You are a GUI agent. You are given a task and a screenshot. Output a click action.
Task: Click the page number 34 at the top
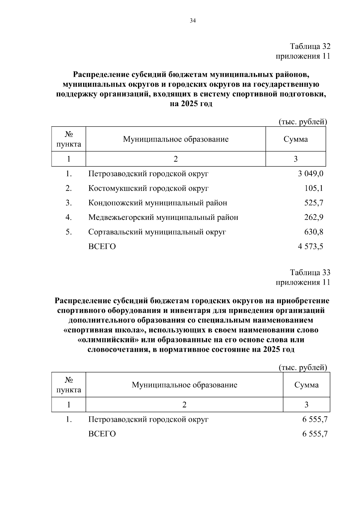pyautogui.click(x=193, y=21)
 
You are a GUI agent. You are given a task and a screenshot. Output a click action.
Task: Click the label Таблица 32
pyautogui.click(x=310, y=46)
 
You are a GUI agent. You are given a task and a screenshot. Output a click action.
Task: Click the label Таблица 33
pyautogui.click(x=310, y=272)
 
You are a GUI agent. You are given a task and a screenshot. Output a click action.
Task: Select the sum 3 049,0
pyautogui.click(x=310, y=174)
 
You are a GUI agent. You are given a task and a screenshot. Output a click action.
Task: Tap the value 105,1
pyautogui.click(x=313, y=188)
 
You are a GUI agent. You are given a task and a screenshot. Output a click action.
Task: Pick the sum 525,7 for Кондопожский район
pyautogui.click(x=313, y=203)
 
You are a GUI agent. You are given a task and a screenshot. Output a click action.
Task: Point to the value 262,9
pyautogui.click(x=313, y=217)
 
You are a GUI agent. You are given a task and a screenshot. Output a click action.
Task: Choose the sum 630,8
pyautogui.click(x=313, y=232)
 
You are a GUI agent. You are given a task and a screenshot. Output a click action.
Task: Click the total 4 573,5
pyautogui.click(x=310, y=247)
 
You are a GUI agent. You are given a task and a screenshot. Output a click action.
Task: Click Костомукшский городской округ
pyautogui.click(x=148, y=188)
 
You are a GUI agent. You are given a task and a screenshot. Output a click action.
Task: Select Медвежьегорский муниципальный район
pyautogui.click(x=163, y=217)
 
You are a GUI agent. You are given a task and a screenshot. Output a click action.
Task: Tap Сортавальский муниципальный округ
pyautogui.click(x=157, y=232)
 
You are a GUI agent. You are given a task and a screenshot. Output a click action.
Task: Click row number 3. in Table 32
pyautogui.click(x=69, y=203)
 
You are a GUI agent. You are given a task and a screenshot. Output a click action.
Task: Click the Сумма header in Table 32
pyautogui.click(x=295, y=139)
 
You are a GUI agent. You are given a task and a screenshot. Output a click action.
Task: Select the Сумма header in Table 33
pyautogui.click(x=306, y=385)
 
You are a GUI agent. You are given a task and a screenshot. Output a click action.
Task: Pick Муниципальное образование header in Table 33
pyautogui.click(x=184, y=385)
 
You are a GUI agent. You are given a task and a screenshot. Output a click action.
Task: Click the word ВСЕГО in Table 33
pyautogui.click(x=102, y=434)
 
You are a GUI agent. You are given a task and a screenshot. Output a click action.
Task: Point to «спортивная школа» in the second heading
pyautogui.click(x=105, y=330)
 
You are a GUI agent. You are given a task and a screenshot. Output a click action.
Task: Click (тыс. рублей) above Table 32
pyautogui.click(x=303, y=122)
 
